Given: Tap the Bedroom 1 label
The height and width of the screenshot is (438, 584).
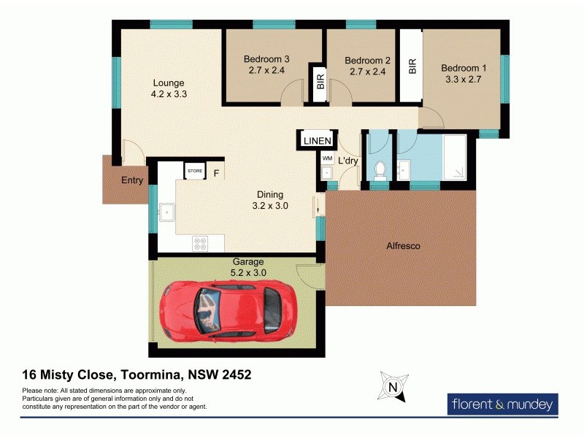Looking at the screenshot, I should [464, 69].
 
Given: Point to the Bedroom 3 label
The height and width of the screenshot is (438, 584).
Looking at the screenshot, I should [266, 60].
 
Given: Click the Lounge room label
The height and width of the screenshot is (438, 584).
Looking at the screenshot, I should [168, 82].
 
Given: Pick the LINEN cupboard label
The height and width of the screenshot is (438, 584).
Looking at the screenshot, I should [317, 140].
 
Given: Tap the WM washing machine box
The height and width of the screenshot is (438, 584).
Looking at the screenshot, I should [326, 158].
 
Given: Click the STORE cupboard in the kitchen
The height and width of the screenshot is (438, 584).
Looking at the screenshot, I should [195, 171].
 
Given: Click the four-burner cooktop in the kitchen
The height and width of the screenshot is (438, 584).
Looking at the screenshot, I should [200, 243].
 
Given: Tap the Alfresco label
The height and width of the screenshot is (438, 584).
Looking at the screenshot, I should [403, 246].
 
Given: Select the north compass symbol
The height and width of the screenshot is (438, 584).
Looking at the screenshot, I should [393, 387].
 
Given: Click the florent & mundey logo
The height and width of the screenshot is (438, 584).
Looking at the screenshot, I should [502, 404].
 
